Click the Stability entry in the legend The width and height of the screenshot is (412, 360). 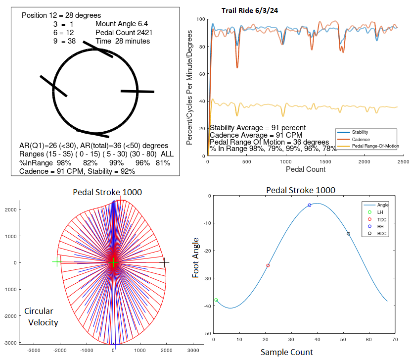[x=359, y=132]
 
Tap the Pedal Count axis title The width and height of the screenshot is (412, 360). [x=305, y=169]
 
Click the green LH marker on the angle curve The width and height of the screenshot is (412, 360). [x=216, y=300]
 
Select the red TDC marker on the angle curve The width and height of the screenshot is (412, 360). [x=268, y=265]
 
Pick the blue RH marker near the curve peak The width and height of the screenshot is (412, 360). [x=310, y=205]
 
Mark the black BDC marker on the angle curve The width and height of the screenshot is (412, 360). [x=348, y=234]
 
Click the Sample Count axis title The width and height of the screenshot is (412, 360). [x=287, y=353]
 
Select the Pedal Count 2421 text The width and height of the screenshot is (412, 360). [x=120, y=32]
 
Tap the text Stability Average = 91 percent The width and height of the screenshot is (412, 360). [x=258, y=128]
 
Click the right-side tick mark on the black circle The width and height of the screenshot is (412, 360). [x=137, y=91]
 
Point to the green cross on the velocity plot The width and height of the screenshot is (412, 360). [x=57, y=262]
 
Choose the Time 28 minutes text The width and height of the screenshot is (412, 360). [x=123, y=41]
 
